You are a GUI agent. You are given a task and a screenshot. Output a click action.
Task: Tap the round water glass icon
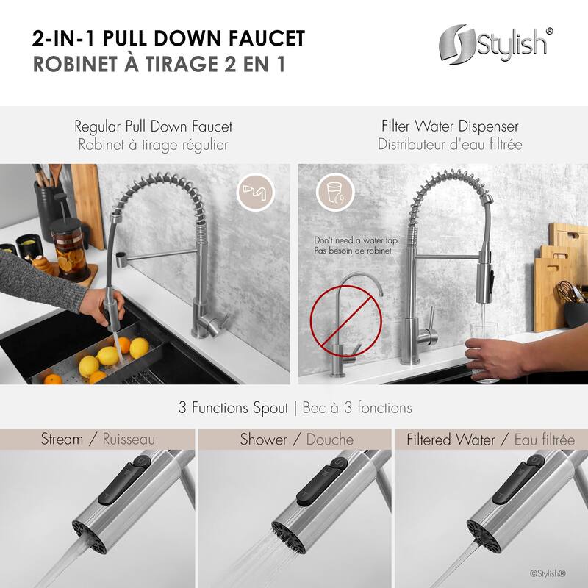(x=331, y=193)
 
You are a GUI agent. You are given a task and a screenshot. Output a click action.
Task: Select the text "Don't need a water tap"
(x=352, y=240)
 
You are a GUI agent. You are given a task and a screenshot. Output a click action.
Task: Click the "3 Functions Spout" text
(x=234, y=407)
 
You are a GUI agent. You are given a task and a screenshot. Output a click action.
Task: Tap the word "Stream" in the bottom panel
(x=62, y=440)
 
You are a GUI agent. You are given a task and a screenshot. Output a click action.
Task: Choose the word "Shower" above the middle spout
(x=263, y=440)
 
